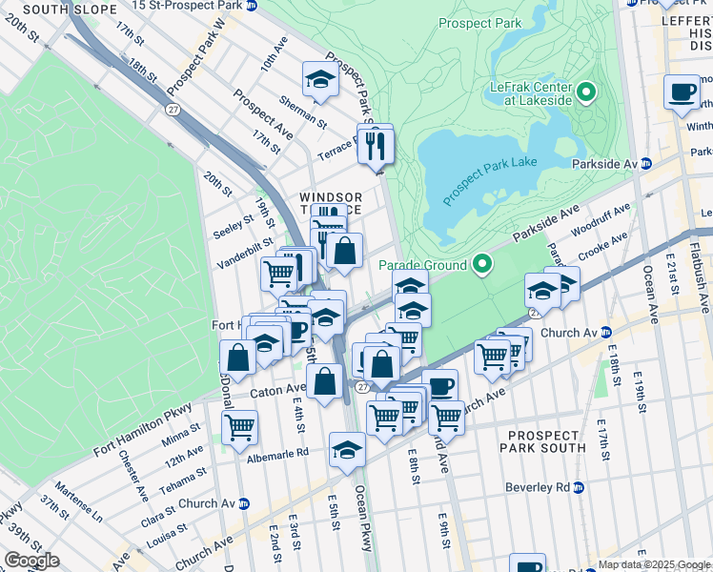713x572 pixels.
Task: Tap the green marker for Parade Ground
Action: (x=483, y=265)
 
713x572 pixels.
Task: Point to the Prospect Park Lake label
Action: (x=490, y=176)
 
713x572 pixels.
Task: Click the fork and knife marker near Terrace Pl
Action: (x=376, y=145)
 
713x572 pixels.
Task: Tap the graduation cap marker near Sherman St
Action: (x=320, y=82)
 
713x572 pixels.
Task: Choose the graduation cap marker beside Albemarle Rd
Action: (x=347, y=451)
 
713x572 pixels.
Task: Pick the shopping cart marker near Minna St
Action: (x=239, y=427)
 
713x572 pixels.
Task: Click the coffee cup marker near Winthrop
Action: (x=682, y=93)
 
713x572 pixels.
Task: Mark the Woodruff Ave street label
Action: (x=601, y=220)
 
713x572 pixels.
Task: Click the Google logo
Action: (x=31, y=561)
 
